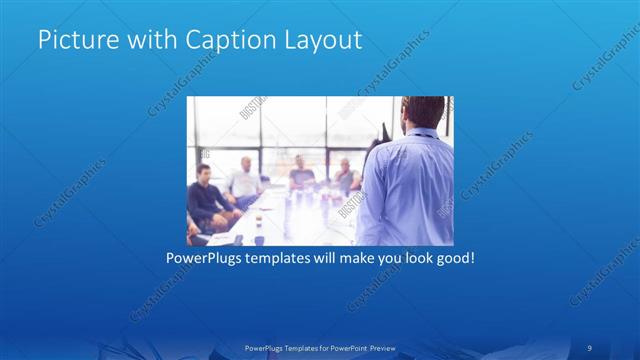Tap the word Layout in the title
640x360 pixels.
click(x=320, y=41)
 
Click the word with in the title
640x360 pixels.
click(x=150, y=41)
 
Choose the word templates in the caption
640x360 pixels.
click(x=288, y=257)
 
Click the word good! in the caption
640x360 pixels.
click(x=452, y=257)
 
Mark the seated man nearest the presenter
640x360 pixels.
click(x=345, y=176)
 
